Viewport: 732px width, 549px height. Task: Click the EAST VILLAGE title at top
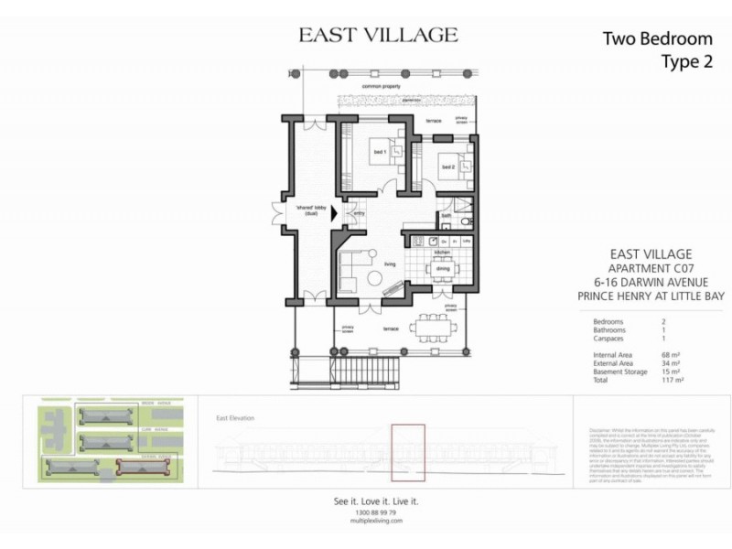(x=378, y=36)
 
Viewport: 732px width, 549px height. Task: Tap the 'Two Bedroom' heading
(x=657, y=39)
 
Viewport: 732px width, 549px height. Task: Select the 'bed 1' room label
(x=379, y=151)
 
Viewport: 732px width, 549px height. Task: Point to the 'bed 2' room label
(x=448, y=167)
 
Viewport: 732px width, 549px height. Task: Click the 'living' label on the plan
(x=389, y=264)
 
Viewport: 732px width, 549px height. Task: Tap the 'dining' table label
(x=443, y=269)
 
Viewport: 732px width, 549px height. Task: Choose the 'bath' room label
(x=446, y=216)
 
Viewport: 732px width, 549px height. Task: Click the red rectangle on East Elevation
(x=408, y=451)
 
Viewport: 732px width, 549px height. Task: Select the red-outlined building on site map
(x=143, y=468)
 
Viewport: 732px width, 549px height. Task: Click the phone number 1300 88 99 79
(x=376, y=512)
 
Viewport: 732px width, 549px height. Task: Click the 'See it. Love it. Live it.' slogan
(x=376, y=501)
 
